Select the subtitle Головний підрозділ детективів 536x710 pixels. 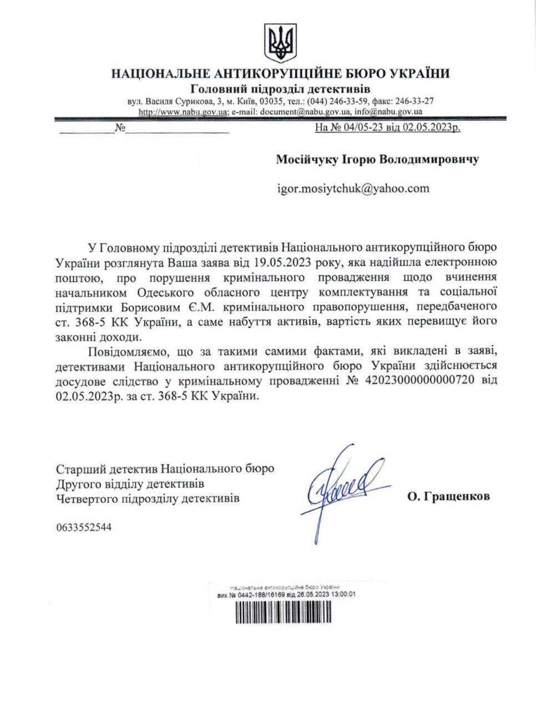tap(280, 89)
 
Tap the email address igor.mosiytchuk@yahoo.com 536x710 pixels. tap(353, 188)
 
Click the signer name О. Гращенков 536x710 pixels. tap(448, 497)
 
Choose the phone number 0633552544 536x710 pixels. tap(84, 528)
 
